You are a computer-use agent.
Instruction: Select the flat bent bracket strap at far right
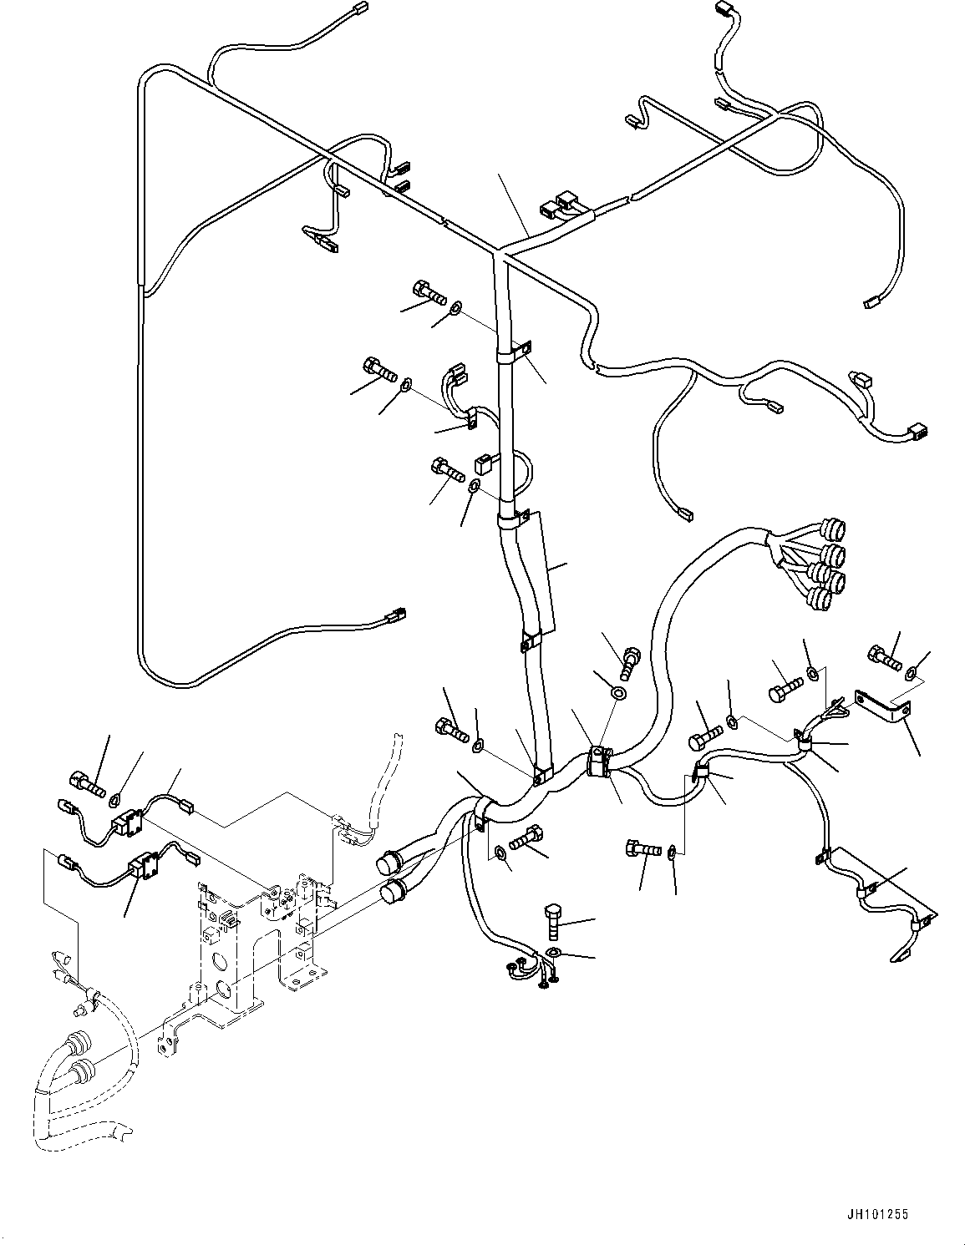[x=883, y=706]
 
